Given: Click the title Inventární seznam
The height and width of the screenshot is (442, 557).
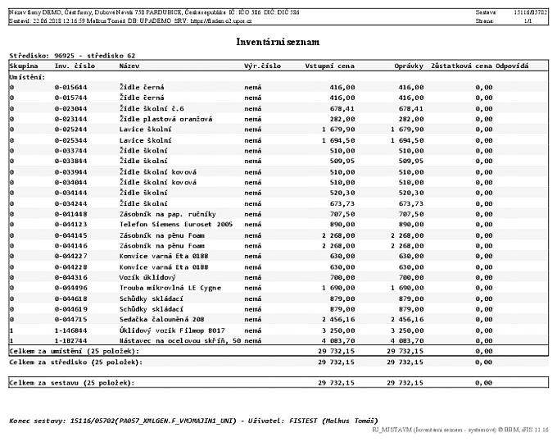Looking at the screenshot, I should coord(278,40).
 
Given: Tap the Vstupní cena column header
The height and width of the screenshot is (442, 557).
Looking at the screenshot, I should coord(329,65).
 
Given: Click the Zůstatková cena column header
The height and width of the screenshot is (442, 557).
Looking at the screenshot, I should coord(460,65).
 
